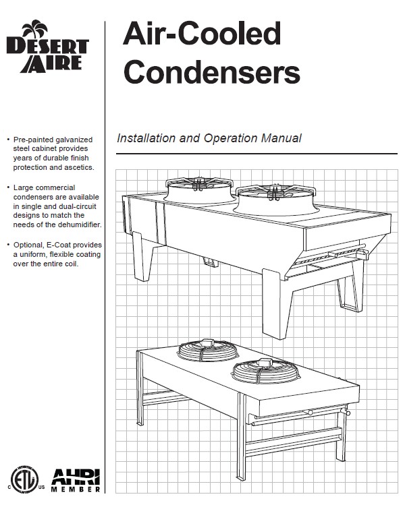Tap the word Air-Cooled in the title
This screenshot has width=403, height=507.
202,33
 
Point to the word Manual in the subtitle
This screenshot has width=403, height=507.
281,138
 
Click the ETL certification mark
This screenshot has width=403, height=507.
24,480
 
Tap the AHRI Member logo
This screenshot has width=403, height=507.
76,481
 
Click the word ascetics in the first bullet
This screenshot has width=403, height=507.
79,167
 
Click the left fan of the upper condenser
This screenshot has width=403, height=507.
198,190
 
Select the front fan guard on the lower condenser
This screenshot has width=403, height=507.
266,371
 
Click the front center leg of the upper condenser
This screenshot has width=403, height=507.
276,304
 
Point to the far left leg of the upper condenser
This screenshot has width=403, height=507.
142,256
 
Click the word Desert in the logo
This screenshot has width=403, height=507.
47,47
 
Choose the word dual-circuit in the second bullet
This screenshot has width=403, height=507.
78,206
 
